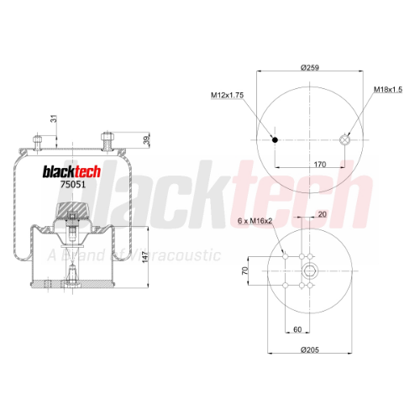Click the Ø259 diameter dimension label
pos(310,67)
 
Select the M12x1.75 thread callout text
pos(227,95)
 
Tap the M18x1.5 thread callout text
pos(388,90)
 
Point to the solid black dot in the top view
pos(275,139)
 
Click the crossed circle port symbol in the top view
pos(344,139)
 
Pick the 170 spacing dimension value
pos(320,165)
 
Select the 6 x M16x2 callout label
pos(255,221)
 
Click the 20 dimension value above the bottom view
pos(323,214)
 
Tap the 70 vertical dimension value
pos(245,270)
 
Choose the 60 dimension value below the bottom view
pos(297,329)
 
